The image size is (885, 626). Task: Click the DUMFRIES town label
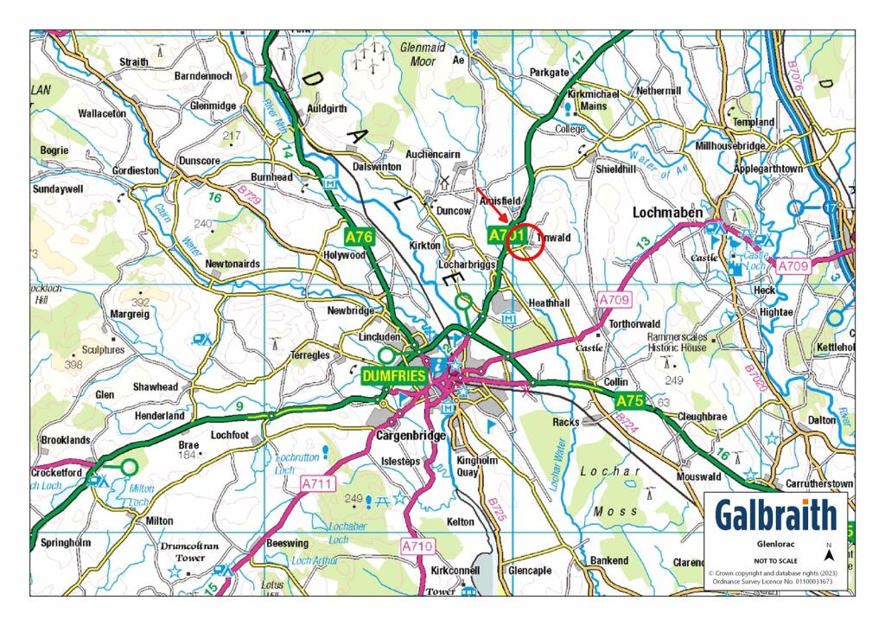394,376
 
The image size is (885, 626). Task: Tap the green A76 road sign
358,236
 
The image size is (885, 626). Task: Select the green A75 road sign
630,401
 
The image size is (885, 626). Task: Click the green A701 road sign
506,235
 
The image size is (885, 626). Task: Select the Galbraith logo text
775,515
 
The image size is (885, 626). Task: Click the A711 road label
318,485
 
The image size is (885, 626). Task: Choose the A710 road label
417,546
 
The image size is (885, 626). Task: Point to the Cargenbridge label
411,436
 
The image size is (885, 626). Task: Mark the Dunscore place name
200,161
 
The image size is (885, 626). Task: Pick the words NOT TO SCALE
775,561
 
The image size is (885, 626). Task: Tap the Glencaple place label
530,571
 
